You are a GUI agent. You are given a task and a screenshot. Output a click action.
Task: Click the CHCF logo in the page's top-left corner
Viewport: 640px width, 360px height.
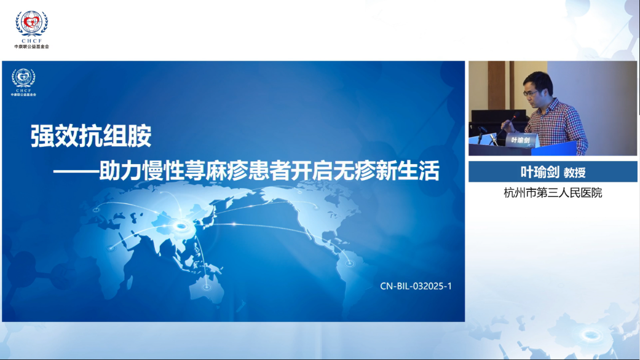point(31,29)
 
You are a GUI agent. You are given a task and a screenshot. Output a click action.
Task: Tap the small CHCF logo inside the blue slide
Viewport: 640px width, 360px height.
point(23,82)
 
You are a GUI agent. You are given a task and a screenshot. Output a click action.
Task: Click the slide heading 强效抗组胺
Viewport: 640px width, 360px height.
point(91,136)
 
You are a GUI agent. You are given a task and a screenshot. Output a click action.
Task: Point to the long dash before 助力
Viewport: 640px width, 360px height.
point(76,171)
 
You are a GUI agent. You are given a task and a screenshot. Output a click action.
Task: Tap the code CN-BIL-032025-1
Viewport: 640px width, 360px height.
point(416,286)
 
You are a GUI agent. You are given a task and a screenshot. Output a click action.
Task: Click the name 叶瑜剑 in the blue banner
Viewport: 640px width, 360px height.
point(540,172)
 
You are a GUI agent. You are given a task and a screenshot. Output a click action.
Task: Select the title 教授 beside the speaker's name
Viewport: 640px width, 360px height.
point(575,173)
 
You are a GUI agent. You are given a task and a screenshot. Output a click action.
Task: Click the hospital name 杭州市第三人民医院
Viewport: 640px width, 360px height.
point(553,192)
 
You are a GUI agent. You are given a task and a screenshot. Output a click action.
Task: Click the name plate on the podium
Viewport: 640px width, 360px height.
point(521,140)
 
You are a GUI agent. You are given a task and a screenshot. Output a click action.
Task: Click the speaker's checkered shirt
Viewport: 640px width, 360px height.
point(559,124)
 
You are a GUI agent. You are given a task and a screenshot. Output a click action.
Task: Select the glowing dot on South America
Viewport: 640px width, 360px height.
point(349,264)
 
